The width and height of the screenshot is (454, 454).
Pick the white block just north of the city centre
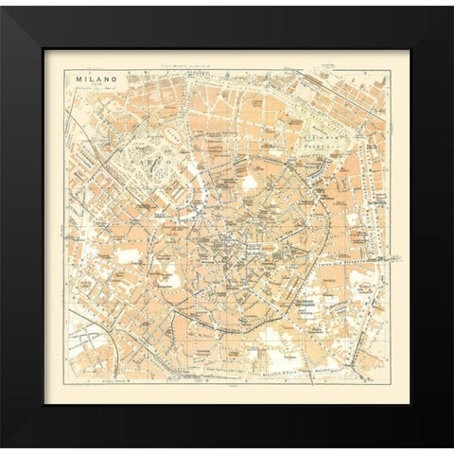point(250,183)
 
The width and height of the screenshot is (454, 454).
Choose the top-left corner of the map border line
point(64,65)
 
